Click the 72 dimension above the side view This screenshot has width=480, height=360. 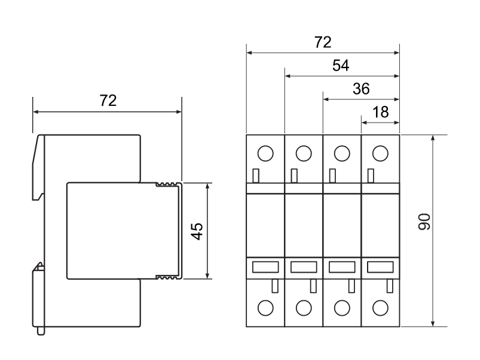coord(108,101)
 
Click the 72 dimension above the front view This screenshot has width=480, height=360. coord(323,42)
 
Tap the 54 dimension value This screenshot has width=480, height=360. coord(341,66)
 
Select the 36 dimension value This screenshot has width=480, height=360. coord(361,89)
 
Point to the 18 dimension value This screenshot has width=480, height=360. coord(380,112)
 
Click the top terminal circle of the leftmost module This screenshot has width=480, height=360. coord(265,153)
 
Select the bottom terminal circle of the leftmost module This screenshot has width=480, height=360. coord(265,308)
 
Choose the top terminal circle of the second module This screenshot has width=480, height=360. coord(304,153)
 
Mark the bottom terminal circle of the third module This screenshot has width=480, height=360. coord(342,308)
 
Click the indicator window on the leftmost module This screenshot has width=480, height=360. coord(265,267)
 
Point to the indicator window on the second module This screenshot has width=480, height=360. coord(304,267)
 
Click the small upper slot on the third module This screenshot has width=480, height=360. coord(332,176)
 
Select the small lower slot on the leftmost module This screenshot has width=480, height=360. coord(274,285)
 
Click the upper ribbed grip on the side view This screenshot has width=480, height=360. coord(167,184)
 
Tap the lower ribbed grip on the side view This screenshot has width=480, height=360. coord(167,277)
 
